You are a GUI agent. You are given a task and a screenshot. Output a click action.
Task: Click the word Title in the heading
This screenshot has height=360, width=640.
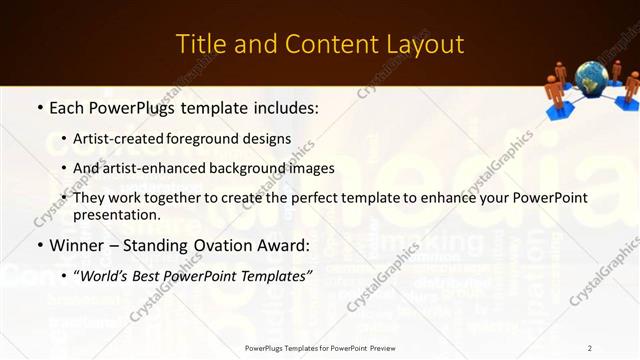pos(201,44)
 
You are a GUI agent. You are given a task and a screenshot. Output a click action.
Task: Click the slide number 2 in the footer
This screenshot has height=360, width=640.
pos(590,348)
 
